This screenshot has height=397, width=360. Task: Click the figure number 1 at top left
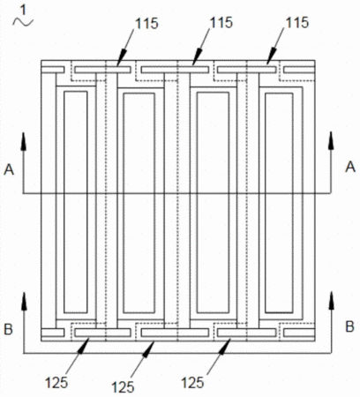coord(22,10)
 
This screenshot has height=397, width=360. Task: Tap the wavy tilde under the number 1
coord(23,22)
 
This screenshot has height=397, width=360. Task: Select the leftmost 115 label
coord(146,23)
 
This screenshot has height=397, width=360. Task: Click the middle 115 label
coord(221,22)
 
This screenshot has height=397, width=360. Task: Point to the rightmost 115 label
coord(297,22)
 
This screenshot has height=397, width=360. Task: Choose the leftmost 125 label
coord(56,383)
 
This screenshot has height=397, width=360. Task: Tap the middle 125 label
coord(123,386)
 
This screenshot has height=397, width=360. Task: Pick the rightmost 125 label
coord(192,383)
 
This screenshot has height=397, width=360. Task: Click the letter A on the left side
coord(9,169)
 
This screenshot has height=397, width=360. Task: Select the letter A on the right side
coord(350,167)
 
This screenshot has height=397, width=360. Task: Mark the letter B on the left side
coord(8,329)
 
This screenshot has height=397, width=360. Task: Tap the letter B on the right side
coord(349,326)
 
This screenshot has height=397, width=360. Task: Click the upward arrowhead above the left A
coord(24,141)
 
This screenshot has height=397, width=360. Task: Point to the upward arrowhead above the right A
coord(331,141)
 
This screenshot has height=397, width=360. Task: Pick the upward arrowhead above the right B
coord(332,300)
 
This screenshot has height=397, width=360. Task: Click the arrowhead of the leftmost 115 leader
coord(122,57)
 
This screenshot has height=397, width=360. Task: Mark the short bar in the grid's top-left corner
coord(53,70)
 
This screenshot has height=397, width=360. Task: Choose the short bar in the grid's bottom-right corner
coord(299,333)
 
